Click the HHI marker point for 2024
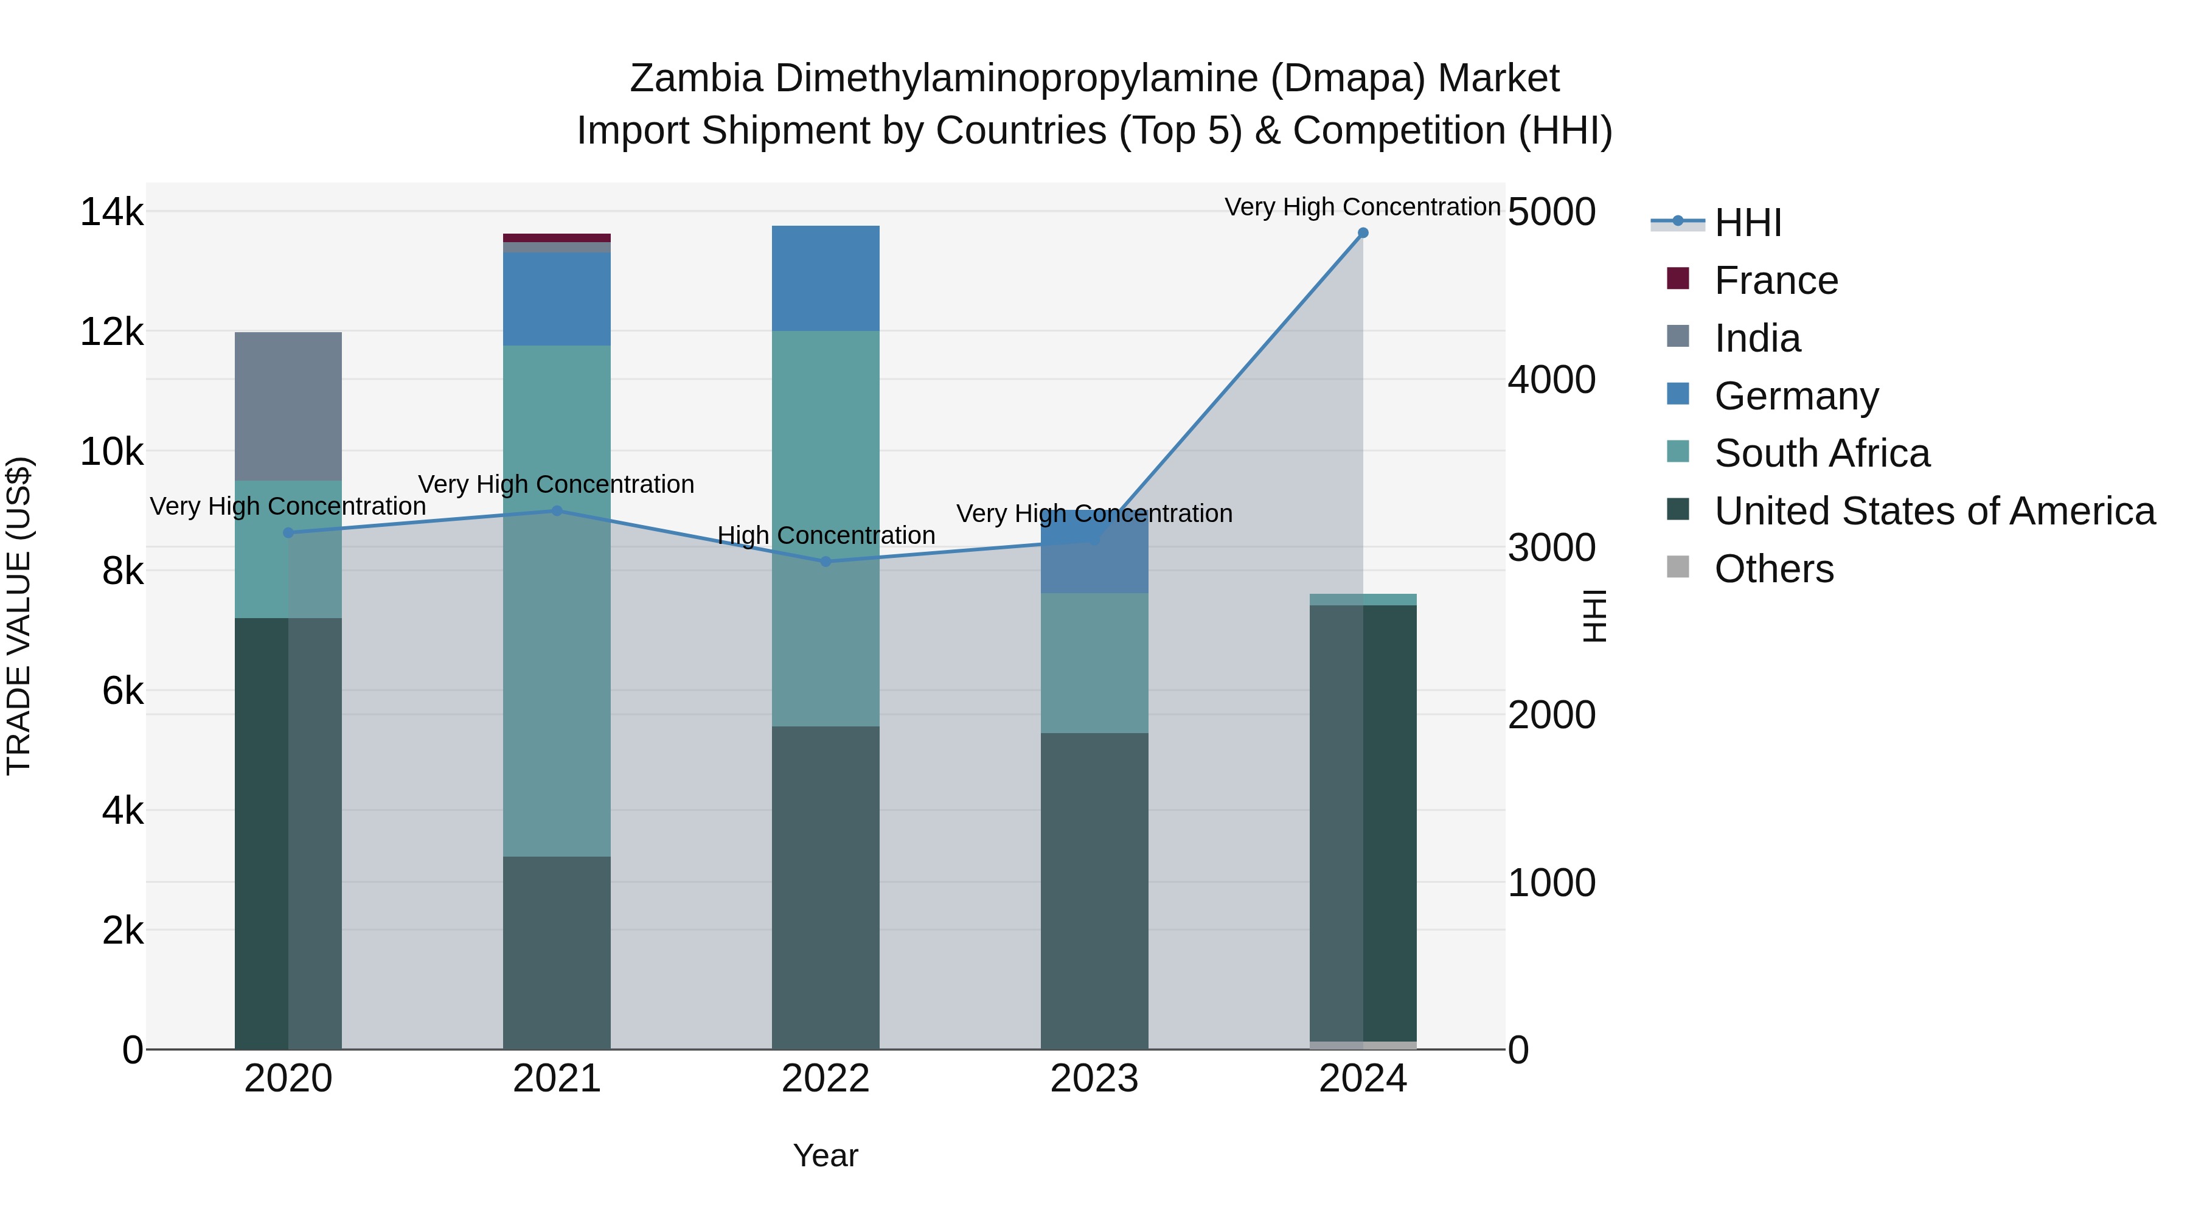1363,233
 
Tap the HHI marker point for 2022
826,562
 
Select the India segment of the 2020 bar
288,406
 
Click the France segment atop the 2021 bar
557,238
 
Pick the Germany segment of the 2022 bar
826,278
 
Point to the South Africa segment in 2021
557,600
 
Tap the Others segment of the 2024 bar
1363,1045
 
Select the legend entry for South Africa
1821,453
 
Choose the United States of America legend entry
1934,511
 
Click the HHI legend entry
1747,223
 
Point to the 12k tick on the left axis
111,332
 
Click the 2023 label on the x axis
1094,1079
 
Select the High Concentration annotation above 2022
826,535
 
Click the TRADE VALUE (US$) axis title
19,616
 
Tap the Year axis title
826,1155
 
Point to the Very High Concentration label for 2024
1362,207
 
